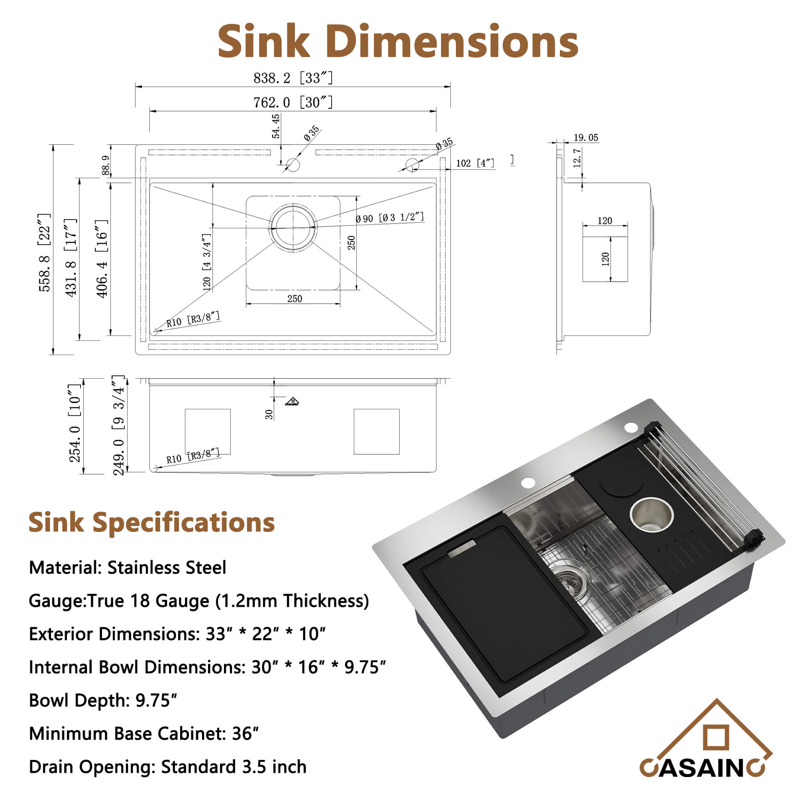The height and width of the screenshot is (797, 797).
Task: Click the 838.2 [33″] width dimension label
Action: click(x=292, y=78)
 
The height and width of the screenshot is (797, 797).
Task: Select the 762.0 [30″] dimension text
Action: click(x=292, y=102)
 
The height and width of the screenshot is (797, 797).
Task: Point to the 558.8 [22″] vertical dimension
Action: click(x=45, y=252)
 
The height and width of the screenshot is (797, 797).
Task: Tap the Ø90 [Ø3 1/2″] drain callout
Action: click(x=389, y=218)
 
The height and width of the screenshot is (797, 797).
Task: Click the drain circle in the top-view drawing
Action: click(x=293, y=227)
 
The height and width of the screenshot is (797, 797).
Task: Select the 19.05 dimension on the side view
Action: click(x=585, y=137)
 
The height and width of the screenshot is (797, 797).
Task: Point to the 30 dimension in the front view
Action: click(x=269, y=414)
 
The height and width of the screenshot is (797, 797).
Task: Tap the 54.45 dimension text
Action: click(x=276, y=126)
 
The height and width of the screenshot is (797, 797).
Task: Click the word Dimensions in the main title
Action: click(x=454, y=41)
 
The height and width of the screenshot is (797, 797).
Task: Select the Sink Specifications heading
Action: click(x=151, y=522)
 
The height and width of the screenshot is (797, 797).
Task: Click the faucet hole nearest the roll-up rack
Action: click(x=631, y=427)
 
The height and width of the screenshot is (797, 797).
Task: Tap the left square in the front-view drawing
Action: click(x=208, y=432)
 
